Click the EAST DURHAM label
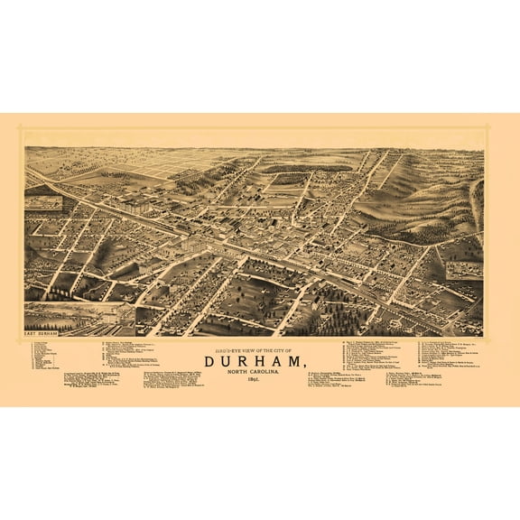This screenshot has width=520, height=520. click(42, 333)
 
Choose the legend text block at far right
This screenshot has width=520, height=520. click(451, 357)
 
